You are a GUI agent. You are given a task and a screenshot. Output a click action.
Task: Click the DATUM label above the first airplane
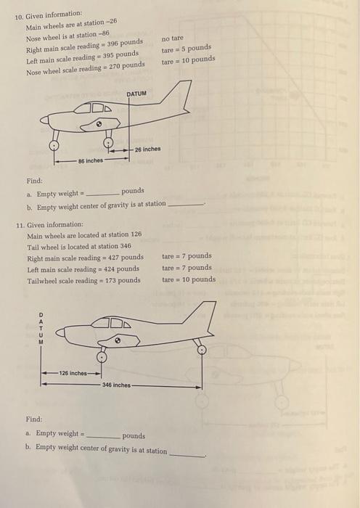coord(136,94)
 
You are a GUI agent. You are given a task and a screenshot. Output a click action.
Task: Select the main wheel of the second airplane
coord(102,357)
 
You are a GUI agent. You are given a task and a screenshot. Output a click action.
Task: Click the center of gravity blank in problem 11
coord(185,453)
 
